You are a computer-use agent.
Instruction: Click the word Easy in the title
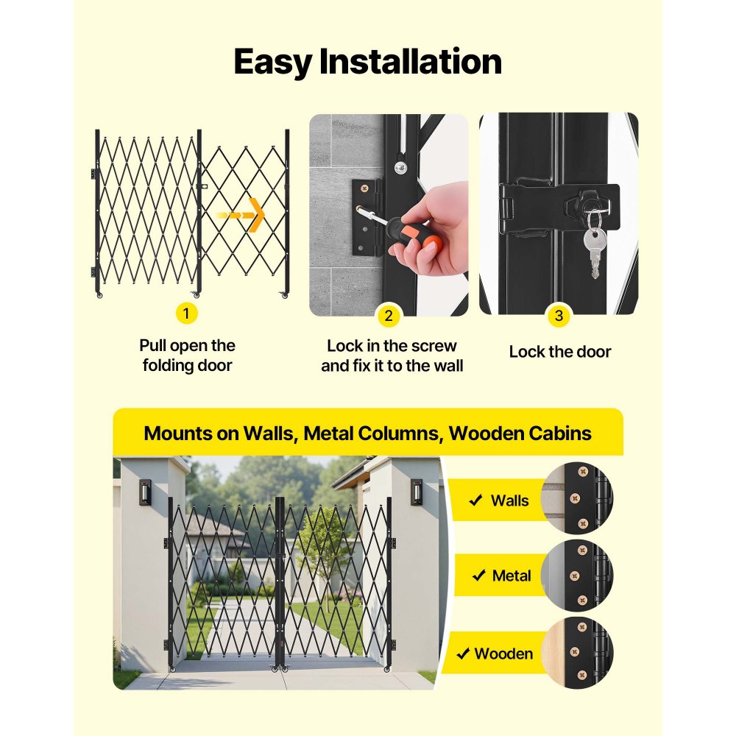click(273, 62)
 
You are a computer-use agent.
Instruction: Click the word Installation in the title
click(411, 62)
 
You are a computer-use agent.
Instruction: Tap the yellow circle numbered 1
click(186, 314)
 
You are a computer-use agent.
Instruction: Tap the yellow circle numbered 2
click(389, 316)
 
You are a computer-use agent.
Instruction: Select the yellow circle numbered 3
click(559, 316)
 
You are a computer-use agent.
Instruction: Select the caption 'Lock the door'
click(559, 352)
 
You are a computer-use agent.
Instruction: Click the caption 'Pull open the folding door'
click(187, 355)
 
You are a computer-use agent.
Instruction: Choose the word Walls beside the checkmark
click(509, 501)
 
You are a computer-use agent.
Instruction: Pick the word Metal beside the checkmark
click(511, 576)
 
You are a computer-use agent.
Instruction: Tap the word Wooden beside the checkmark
click(503, 654)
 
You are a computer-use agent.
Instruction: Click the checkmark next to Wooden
click(463, 654)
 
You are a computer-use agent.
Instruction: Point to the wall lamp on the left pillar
click(145, 492)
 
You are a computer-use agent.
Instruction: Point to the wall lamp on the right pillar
click(417, 492)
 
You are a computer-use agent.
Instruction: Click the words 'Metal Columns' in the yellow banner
click(369, 433)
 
